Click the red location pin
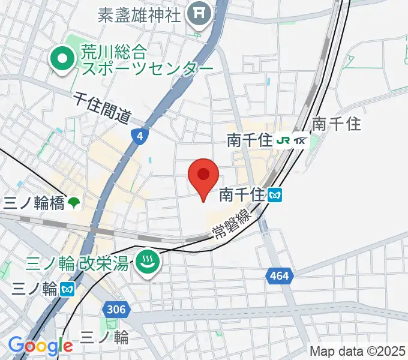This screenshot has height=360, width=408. click(203, 176)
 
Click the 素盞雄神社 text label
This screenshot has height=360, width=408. click(140, 14)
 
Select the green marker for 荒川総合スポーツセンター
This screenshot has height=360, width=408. click(62, 59)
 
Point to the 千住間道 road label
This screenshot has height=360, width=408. click(103, 108)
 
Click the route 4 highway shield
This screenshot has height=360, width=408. click(140, 137)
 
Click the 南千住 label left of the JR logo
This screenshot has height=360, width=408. click(250, 142)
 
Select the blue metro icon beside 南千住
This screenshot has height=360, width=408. click(275, 194)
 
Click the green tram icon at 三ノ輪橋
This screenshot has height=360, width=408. click(73, 203)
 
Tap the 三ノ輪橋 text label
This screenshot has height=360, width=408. click(34, 203)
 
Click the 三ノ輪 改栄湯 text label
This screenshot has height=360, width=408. click(77, 263)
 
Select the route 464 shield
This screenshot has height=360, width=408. click(278, 275)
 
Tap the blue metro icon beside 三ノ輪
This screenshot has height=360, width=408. click(67, 289)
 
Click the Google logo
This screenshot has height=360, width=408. click(40, 346)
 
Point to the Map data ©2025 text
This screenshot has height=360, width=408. click(358, 351)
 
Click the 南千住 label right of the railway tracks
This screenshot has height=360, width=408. click(337, 124)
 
